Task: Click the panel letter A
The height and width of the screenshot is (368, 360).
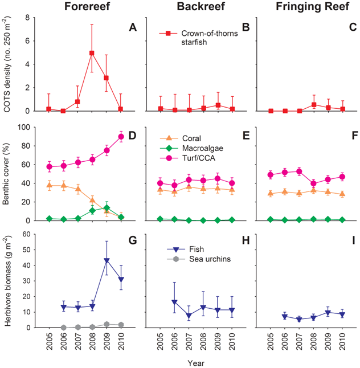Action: (x=133, y=26)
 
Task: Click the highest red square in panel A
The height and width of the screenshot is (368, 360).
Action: (x=91, y=53)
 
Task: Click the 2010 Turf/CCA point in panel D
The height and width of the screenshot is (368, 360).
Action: (x=121, y=136)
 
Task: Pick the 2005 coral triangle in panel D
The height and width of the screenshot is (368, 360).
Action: (x=49, y=185)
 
